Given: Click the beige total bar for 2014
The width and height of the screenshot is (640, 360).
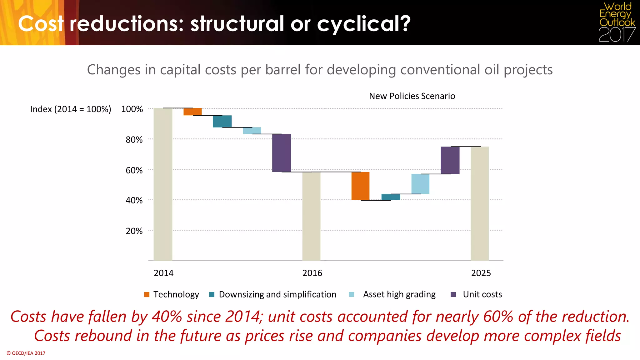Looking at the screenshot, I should [163, 184].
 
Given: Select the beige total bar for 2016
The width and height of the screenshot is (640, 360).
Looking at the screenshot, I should [311, 216].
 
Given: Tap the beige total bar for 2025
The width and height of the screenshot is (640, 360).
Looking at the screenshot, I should [480, 203].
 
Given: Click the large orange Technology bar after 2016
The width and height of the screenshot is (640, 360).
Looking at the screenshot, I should [360, 186].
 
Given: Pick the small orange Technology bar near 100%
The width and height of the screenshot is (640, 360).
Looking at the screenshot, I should [192, 112].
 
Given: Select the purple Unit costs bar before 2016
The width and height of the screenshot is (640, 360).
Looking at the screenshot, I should [282, 153].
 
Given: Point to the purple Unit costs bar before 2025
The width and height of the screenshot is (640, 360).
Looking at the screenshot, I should [450, 160].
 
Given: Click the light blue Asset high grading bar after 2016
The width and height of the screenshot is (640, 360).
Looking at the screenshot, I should [420, 184].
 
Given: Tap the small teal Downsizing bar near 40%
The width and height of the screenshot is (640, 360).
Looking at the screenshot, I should [391, 197].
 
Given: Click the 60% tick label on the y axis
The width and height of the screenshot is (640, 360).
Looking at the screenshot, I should [134, 170].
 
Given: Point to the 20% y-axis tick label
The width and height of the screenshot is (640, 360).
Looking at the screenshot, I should [134, 231].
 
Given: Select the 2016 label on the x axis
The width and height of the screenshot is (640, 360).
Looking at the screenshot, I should [312, 273].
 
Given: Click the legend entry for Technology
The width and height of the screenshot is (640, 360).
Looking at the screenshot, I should [172, 294].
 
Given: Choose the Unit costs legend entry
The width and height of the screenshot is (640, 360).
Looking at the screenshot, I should [477, 294].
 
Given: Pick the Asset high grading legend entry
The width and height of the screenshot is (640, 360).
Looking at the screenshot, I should [392, 294].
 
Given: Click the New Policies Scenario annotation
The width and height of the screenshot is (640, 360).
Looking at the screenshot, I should [412, 96].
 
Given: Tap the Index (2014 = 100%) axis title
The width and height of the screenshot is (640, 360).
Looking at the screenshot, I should [71, 109].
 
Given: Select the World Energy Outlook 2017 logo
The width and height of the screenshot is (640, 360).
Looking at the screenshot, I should [617, 22].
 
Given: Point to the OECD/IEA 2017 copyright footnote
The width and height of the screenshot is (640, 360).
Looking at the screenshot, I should [26, 353].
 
